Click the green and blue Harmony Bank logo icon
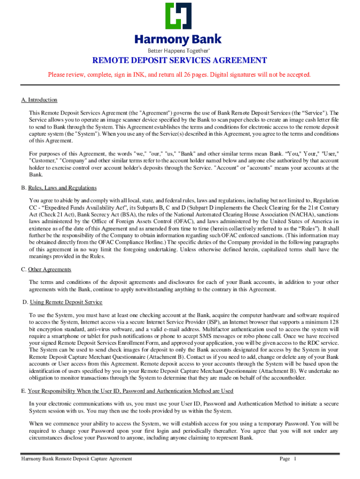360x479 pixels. coord(179,17)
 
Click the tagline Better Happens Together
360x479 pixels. coord(179,50)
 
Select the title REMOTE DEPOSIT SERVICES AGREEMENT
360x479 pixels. coord(180,61)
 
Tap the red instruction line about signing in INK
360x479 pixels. coord(180,75)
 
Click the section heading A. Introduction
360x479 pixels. coord(39,100)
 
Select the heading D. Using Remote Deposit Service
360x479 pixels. coord(63,302)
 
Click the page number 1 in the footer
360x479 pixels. coord(295,459)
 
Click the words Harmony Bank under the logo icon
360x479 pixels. coord(179,39)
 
